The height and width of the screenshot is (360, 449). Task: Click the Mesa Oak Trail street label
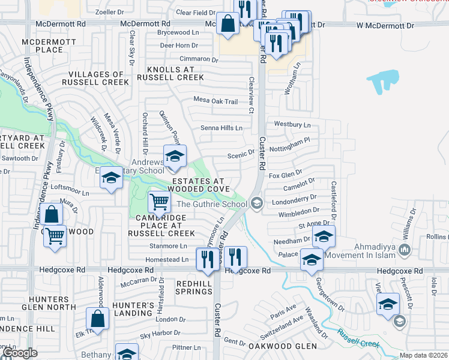tap(215, 101)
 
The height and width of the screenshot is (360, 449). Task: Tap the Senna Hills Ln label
tap(221, 128)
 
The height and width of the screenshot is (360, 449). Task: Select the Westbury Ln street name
tap(292, 124)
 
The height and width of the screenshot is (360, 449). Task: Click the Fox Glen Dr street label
tap(285, 175)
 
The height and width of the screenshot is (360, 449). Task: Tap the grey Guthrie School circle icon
tap(257, 203)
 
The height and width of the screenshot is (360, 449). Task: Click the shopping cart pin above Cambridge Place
tap(159, 201)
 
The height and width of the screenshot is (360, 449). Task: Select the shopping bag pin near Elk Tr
tap(97, 318)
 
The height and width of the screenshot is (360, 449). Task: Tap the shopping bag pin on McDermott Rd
tap(228, 25)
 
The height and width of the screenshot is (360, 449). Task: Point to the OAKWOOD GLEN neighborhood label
tap(283, 346)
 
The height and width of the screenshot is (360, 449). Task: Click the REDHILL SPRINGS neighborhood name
tap(194, 287)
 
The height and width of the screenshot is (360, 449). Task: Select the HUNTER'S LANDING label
tap(133, 309)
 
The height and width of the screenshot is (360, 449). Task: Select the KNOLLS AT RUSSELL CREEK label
tap(170, 73)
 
